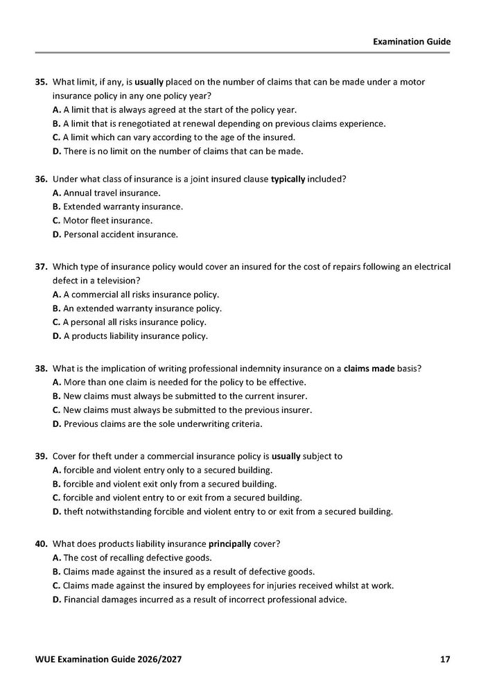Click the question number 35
tap(41, 82)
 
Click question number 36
tap(41, 179)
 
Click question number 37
tap(41, 266)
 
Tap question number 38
tap(41, 369)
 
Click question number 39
tap(41, 456)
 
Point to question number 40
tap(41, 544)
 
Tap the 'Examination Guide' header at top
tap(412, 42)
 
